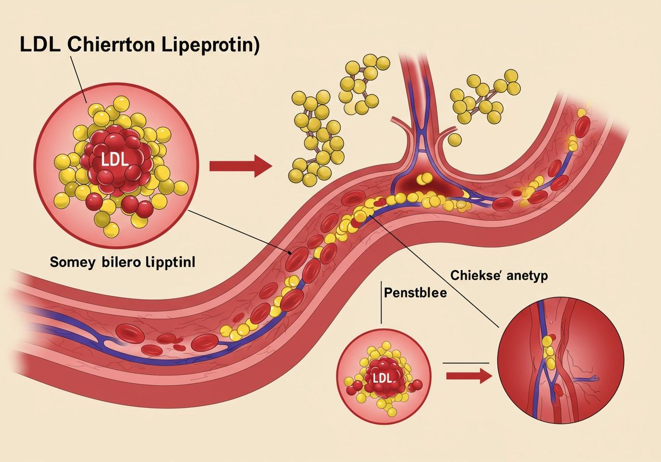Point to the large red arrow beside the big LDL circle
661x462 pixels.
(x=240, y=166)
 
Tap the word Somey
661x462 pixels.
(x=73, y=262)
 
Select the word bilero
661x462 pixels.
(x=123, y=262)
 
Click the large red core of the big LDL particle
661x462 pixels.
(x=116, y=162)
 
